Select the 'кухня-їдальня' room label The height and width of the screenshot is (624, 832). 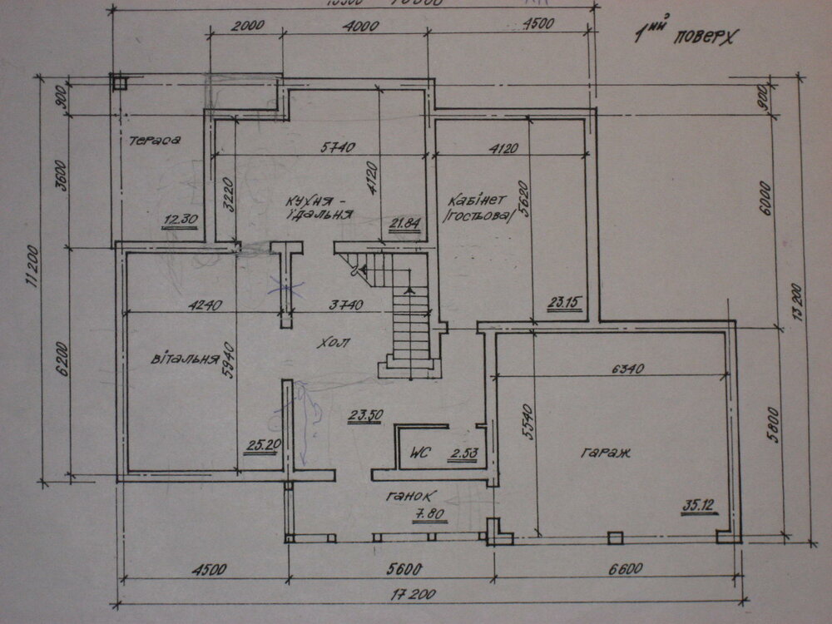[319, 207]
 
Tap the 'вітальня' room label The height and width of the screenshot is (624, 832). [184, 360]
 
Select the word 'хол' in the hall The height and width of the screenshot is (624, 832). [334, 342]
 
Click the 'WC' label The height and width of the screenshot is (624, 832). [418, 454]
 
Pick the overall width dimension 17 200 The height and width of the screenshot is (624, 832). [416, 596]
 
